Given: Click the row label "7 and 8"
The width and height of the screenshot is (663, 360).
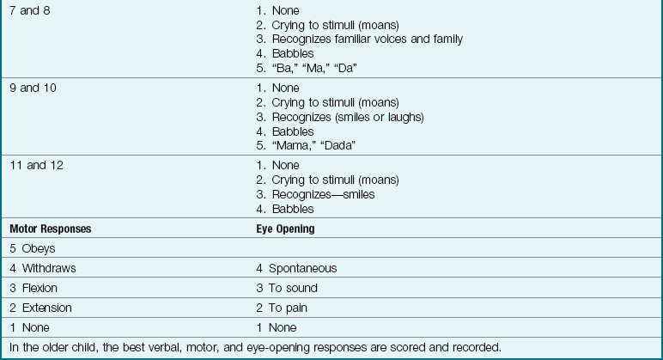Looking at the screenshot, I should pos(29,10).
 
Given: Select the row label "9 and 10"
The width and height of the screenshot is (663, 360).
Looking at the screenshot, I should pos(33,88).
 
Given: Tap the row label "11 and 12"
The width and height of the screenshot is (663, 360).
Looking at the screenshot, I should pos(36,165).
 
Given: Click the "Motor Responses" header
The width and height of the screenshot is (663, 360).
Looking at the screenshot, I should pos(50,229).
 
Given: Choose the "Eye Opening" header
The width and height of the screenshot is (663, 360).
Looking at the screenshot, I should pos(285,229).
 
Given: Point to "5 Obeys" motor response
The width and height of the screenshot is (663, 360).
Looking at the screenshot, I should pos(33,248).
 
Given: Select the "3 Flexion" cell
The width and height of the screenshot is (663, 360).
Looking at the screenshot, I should pos(34,288).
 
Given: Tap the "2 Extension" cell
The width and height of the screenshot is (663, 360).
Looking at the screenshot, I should pos(40,308).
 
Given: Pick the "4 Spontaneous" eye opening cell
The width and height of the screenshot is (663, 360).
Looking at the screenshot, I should pos(296,268).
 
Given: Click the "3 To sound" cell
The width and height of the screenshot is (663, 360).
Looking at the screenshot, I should pos(287,288).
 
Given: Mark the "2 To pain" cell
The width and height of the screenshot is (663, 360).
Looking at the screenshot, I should pos(282,308).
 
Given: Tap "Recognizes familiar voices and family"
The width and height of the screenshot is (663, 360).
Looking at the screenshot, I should pos(367,39).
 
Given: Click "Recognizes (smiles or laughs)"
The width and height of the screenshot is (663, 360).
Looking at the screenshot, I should pos(348,117).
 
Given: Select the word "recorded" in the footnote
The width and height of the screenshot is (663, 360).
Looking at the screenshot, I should pos(476,347).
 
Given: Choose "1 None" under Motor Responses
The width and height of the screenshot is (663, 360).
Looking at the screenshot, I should pos(30,327).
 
